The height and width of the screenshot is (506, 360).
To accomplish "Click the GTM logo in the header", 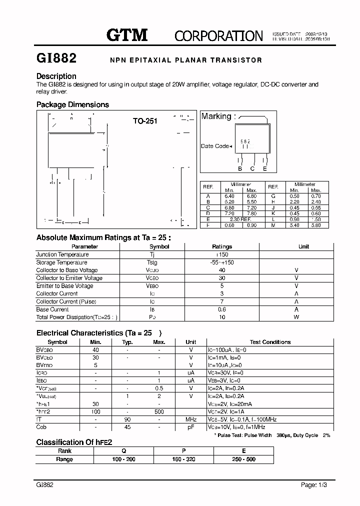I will coord(127,34).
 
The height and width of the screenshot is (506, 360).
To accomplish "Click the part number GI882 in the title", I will coord(56,59).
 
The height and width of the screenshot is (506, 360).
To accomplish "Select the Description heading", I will coord(56,76).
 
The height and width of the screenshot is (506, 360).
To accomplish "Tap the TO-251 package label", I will coord(145,121).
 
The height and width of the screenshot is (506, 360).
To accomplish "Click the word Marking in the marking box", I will coord(215,116).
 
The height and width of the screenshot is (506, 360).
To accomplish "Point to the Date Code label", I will coord(215,146).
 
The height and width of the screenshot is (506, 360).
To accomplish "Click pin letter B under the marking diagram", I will coord(240,169).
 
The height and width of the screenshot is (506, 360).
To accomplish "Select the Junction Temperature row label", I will coord(56,254).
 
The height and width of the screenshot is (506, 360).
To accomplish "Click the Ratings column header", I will coord(222,246).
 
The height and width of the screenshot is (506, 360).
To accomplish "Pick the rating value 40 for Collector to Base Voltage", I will coord(222,270).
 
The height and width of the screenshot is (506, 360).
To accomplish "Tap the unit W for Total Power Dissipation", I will coord(296,317).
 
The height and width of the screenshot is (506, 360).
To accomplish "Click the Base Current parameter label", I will coord(52,309).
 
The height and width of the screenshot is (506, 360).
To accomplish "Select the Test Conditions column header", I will coord(270,342).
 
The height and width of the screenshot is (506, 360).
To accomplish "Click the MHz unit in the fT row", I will coord(191,419).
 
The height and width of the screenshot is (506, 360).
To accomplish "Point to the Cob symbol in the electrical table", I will coord(41,427).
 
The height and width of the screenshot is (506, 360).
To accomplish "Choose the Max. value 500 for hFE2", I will coord(159,411).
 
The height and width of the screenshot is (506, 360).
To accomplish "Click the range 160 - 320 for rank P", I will coord(184,459).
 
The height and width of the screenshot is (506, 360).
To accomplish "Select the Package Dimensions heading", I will coord(72,104).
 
